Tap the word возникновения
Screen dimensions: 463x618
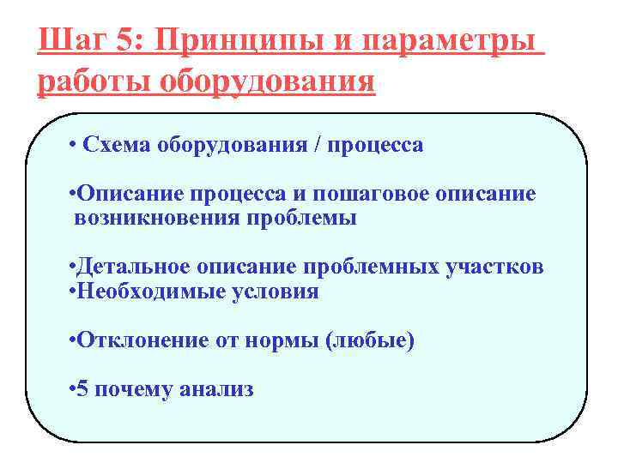pos(157,218)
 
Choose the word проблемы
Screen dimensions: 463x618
pos(301,218)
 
